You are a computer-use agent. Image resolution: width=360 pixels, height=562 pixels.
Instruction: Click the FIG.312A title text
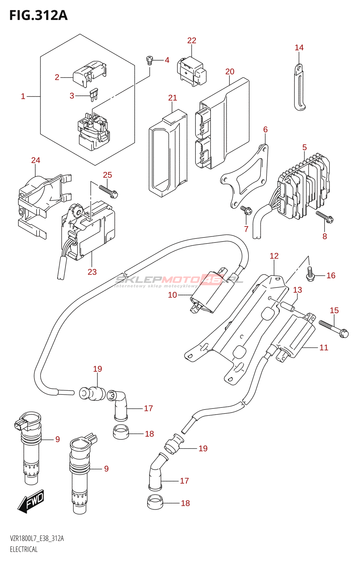click(38, 15)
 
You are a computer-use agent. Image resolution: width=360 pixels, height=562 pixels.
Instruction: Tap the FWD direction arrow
click(31, 501)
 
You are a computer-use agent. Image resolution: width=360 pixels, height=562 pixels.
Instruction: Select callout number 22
click(192, 41)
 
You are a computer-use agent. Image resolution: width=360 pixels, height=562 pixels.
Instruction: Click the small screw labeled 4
click(150, 60)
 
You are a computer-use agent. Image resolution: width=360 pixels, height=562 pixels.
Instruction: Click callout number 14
click(299, 48)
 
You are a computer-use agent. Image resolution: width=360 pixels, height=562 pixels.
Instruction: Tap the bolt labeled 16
click(309, 274)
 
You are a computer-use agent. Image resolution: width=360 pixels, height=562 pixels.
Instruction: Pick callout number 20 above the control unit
click(230, 72)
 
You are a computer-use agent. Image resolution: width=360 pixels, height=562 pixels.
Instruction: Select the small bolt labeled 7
click(245, 210)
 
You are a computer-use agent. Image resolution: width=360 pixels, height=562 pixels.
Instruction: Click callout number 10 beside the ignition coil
click(172, 295)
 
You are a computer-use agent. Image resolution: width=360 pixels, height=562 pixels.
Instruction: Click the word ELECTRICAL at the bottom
click(24, 549)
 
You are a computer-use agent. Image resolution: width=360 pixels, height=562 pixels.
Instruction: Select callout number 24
click(36, 161)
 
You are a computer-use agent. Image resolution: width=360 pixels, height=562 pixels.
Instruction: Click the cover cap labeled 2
click(89, 73)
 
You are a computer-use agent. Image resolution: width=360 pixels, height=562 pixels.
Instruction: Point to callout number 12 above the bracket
click(274, 256)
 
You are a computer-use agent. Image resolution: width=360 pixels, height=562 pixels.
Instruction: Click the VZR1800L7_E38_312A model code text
click(37, 539)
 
